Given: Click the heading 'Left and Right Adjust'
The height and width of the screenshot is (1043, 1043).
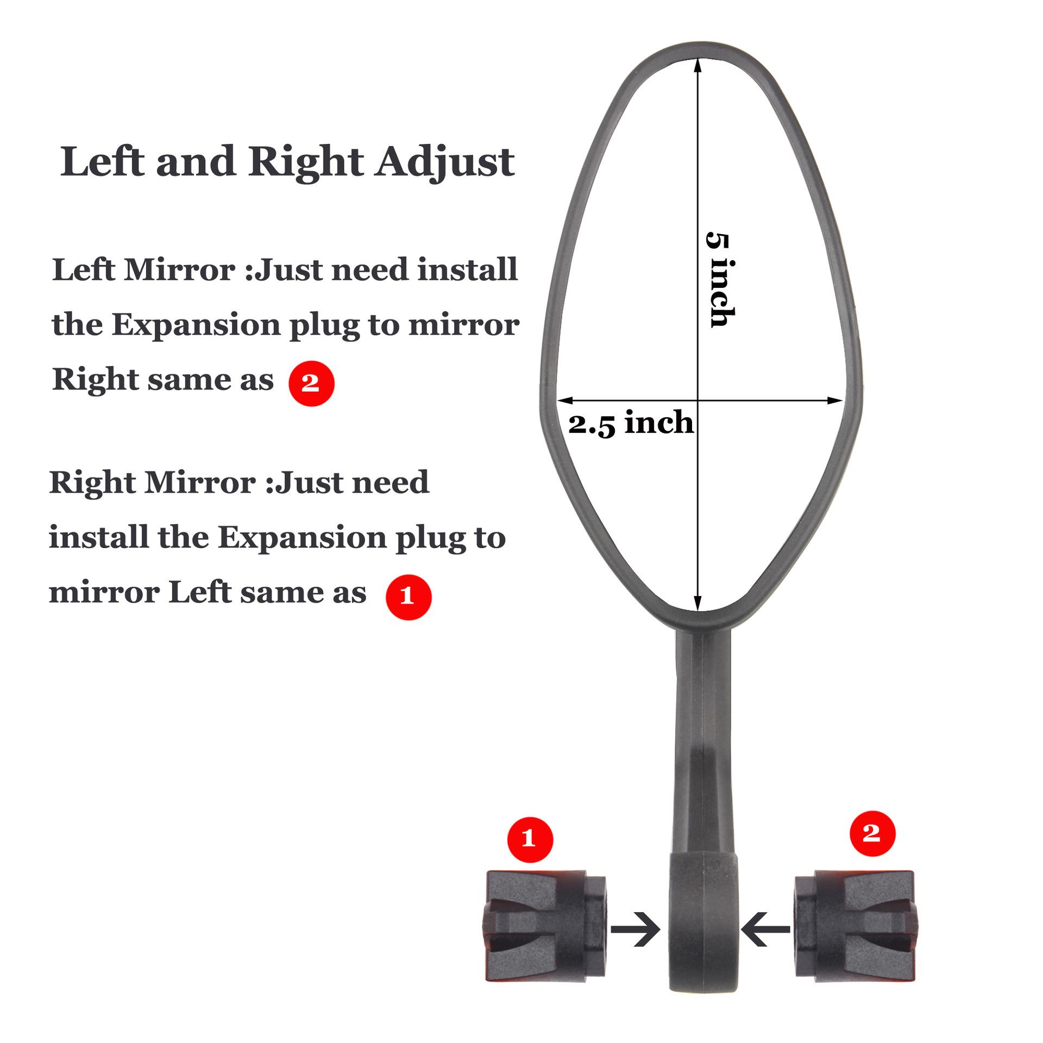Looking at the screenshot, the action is tap(287, 162).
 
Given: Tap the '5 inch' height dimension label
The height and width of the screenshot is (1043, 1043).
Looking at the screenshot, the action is tap(720, 280).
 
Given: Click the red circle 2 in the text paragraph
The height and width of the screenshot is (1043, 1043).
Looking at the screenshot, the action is tap(311, 383).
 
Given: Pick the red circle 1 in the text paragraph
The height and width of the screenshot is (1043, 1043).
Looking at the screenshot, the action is tap(408, 596).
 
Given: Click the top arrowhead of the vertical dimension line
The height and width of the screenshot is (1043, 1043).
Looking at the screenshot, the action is tap(698, 65).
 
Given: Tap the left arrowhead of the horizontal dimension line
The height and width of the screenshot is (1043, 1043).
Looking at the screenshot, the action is tap(565, 401).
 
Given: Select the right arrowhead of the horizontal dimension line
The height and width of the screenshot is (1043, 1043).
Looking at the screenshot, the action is tap(835, 401).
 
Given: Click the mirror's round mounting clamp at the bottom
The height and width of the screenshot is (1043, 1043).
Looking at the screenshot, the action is tap(702, 934).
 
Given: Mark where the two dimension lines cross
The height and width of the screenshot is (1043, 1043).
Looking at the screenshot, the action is tap(698, 401).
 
